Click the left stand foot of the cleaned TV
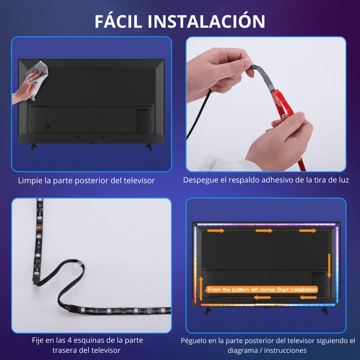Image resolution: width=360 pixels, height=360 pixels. click(x=33, y=147)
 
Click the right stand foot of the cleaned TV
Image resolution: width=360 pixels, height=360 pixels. click(x=149, y=147)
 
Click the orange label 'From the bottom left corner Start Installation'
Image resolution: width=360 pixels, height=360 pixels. click(x=262, y=289)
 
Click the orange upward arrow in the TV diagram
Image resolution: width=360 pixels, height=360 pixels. click(x=201, y=288)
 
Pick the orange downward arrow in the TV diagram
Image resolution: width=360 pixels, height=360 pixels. click(x=329, y=266)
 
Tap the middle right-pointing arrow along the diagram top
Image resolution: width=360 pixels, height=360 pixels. click(x=264, y=230)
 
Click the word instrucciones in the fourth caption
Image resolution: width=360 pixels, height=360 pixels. click(x=285, y=351)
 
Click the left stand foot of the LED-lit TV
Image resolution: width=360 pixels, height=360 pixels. click(x=208, y=311)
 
